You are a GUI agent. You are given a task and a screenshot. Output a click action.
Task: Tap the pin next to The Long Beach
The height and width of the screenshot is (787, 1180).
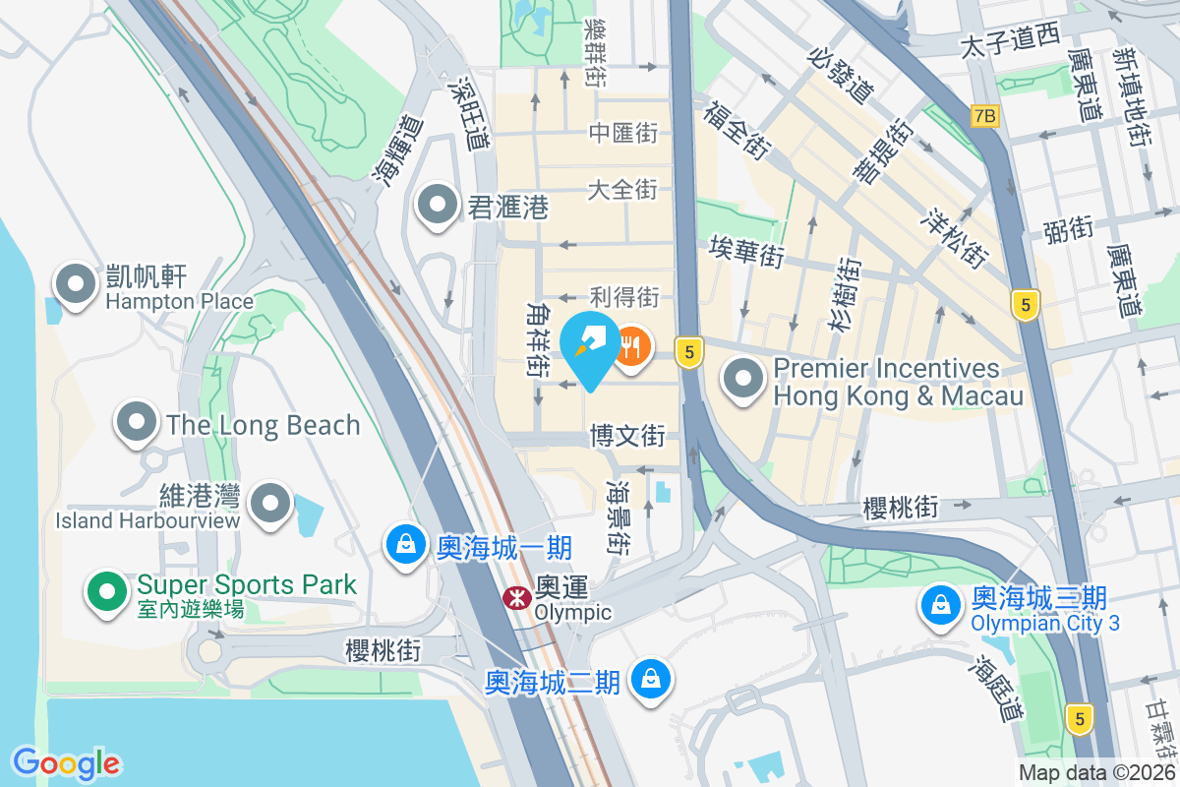coord(138,424)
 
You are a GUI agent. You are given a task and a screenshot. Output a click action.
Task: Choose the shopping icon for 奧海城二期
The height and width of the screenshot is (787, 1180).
coord(650,680)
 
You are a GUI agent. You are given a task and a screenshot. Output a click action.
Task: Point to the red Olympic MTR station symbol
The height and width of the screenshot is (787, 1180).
coord(513,596)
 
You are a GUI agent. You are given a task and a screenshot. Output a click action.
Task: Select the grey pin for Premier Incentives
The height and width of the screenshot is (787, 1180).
coord(744,380)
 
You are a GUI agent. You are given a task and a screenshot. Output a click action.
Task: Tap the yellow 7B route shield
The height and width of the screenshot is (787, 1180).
coord(983,116)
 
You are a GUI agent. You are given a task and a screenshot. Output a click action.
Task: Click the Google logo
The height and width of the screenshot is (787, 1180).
coord(67,762)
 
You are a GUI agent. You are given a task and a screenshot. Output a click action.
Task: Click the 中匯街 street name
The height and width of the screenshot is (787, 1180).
coord(623,132)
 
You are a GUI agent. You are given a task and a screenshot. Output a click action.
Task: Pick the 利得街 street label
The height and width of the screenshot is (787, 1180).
coord(623,296)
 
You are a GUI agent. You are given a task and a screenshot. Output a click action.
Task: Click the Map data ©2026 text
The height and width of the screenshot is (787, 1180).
coord(1097,773)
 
